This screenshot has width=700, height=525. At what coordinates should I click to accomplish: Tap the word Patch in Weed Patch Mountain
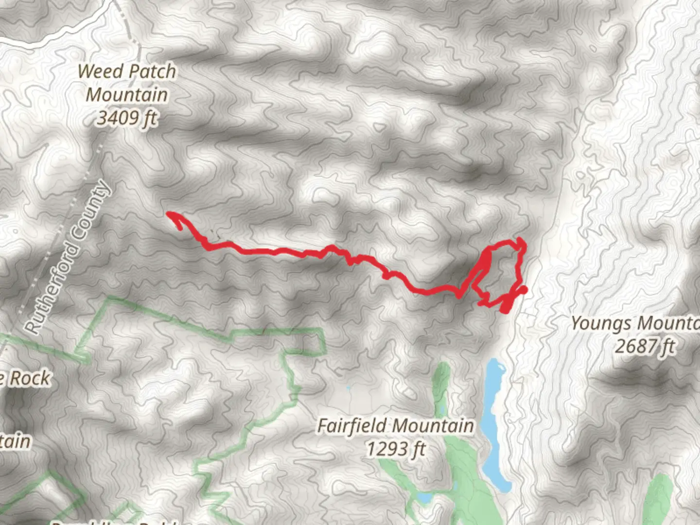point(153,71)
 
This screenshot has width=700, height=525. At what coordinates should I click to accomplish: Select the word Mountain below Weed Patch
point(127,95)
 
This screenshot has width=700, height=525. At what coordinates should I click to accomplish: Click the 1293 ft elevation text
point(395,449)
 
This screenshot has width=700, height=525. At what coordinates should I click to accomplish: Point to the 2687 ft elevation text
point(645,347)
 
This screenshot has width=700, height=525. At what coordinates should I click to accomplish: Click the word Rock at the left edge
point(30,378)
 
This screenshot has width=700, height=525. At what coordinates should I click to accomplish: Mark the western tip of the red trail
point(168,213)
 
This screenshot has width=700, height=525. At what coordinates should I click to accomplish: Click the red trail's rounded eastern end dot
point(524,290)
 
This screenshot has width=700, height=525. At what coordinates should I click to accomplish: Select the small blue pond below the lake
point(424,498)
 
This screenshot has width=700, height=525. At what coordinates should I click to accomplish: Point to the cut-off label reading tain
point(15,441)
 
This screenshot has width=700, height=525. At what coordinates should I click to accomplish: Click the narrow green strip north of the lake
point(441,384)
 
